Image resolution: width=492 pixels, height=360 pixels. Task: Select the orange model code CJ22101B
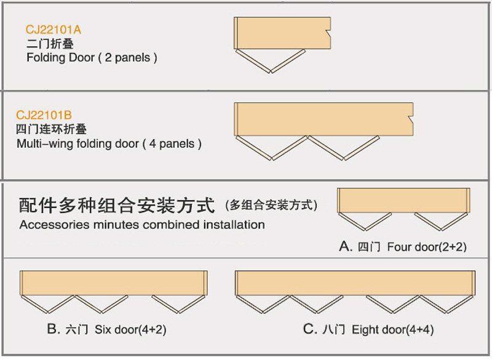[x=44, y=115]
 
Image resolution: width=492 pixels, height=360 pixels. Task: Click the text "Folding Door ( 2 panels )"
[x=92, y=58]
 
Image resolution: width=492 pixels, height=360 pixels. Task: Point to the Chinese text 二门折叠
[x=47, y=44]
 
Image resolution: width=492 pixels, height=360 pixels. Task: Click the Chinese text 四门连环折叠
[x=51, y=129]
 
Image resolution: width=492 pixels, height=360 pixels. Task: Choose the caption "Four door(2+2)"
[x=427, y=247]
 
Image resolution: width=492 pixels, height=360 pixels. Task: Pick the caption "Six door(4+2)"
[x=130, y=330]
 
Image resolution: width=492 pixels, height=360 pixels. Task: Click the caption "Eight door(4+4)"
[x=393, y=330]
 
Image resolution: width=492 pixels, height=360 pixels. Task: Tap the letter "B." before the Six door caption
[x=54, y=330]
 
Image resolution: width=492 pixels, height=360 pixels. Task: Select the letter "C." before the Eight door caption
[x=309, y=330]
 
